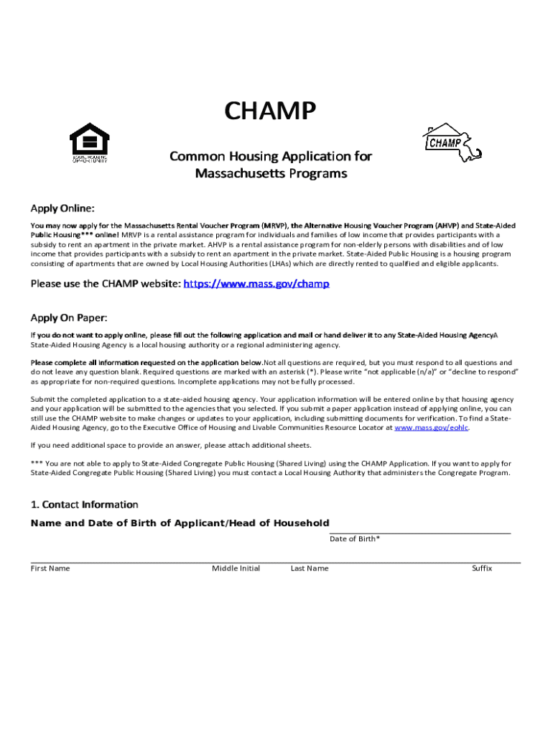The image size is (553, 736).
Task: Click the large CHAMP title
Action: tap(270, 112)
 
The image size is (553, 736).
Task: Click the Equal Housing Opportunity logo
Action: tap(89, 142)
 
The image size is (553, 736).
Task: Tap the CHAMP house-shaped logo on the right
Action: tap(450, 141)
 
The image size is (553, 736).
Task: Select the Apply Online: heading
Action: tap(62, 208)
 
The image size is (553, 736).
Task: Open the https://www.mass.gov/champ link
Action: tap(256, 284)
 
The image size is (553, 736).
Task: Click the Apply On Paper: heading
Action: tap(68, 318)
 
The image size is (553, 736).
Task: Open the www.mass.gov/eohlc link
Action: tap(432, 427)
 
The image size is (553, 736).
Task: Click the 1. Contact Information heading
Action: tap(84, 505)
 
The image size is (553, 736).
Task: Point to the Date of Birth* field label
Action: tap(355, 538)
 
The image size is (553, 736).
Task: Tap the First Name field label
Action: tap(50, 569)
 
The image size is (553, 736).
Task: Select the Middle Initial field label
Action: tap(236, 569)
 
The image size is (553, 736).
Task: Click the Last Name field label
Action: tap(310, 569)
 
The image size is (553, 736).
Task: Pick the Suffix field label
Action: tap(481, 569)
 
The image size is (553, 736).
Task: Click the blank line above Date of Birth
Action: tap(419, 533)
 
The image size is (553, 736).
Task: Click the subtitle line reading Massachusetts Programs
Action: tap(271, 174)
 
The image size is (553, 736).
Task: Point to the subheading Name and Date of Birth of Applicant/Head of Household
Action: tap(180, 523)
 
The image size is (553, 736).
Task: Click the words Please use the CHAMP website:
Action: tap(106, 284)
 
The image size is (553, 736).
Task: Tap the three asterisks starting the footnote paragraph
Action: tap(37, 464)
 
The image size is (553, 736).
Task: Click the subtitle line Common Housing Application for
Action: tap(270, 156)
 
